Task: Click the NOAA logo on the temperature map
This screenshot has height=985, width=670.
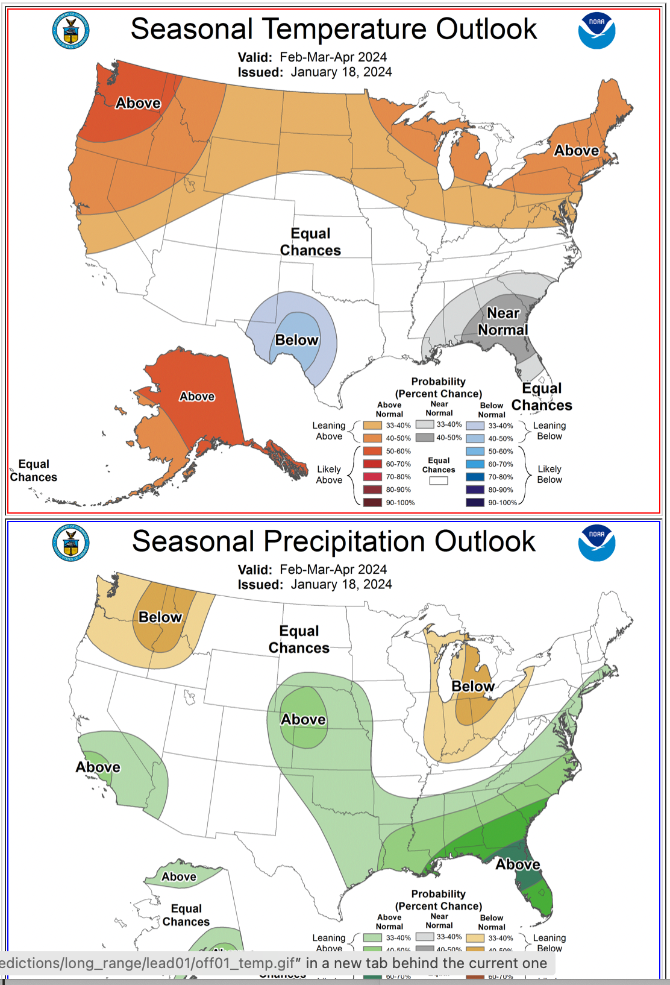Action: [x=596, y=31]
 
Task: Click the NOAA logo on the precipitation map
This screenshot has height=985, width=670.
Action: [x=596, y=543]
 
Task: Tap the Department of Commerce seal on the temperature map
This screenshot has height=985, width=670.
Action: [x=71, y=30]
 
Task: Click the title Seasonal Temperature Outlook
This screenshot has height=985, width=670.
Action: [x=334, y=29]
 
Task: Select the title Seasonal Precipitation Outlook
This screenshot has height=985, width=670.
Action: [x=334, y=541]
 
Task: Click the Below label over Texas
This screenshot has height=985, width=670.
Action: [x=296, y=340]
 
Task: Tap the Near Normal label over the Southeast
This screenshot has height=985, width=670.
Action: [x=502, y=321]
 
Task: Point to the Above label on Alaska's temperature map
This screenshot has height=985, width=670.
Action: [x=197, y=396]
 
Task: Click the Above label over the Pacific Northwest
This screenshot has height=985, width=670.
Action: [x=138, y=103]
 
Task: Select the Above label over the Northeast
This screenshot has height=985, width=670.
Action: [x=577, y=150]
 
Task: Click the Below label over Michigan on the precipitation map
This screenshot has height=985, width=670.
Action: [x=473, y=686]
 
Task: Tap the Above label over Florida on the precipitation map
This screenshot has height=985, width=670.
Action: [x=518, y=864]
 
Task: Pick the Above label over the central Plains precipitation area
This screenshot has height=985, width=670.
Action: [x=303, y=719]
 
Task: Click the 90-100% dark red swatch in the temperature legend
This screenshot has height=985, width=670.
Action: [x=372, y=502]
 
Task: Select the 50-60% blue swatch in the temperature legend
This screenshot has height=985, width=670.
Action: [x=475, y=451]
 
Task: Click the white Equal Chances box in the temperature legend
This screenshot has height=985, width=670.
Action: [x=439, y=480]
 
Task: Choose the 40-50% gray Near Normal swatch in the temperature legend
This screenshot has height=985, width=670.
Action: [x=425, y=438]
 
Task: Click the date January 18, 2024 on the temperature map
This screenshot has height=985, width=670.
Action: [x=341, y=72]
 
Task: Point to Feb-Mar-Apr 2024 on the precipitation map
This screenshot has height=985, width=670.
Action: [x=333, y=569]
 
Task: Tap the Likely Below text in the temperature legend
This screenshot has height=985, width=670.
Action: [x=549, y=474]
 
